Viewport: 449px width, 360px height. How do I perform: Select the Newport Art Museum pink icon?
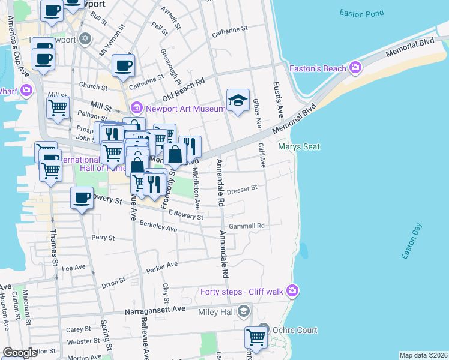click(x=136, y=108)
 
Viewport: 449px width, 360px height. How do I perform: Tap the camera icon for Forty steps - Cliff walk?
click(x=292, y=291)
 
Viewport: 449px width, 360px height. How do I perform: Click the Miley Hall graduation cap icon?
click(x=244, y=311)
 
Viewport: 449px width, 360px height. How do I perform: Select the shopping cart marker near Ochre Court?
click(x=256, y=338)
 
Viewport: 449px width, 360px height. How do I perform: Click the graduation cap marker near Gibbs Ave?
click(x=238, y=100)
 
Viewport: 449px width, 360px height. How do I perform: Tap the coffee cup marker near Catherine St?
click(x=123, y=65)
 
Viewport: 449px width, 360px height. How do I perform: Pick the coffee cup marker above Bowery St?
click(x=82, y=197)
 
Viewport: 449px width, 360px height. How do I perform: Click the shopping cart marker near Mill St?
click(x=58, y=108)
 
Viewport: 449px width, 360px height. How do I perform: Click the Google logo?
click(x=20, y=353)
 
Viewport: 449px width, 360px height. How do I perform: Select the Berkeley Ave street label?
click(x=158, y=226)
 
